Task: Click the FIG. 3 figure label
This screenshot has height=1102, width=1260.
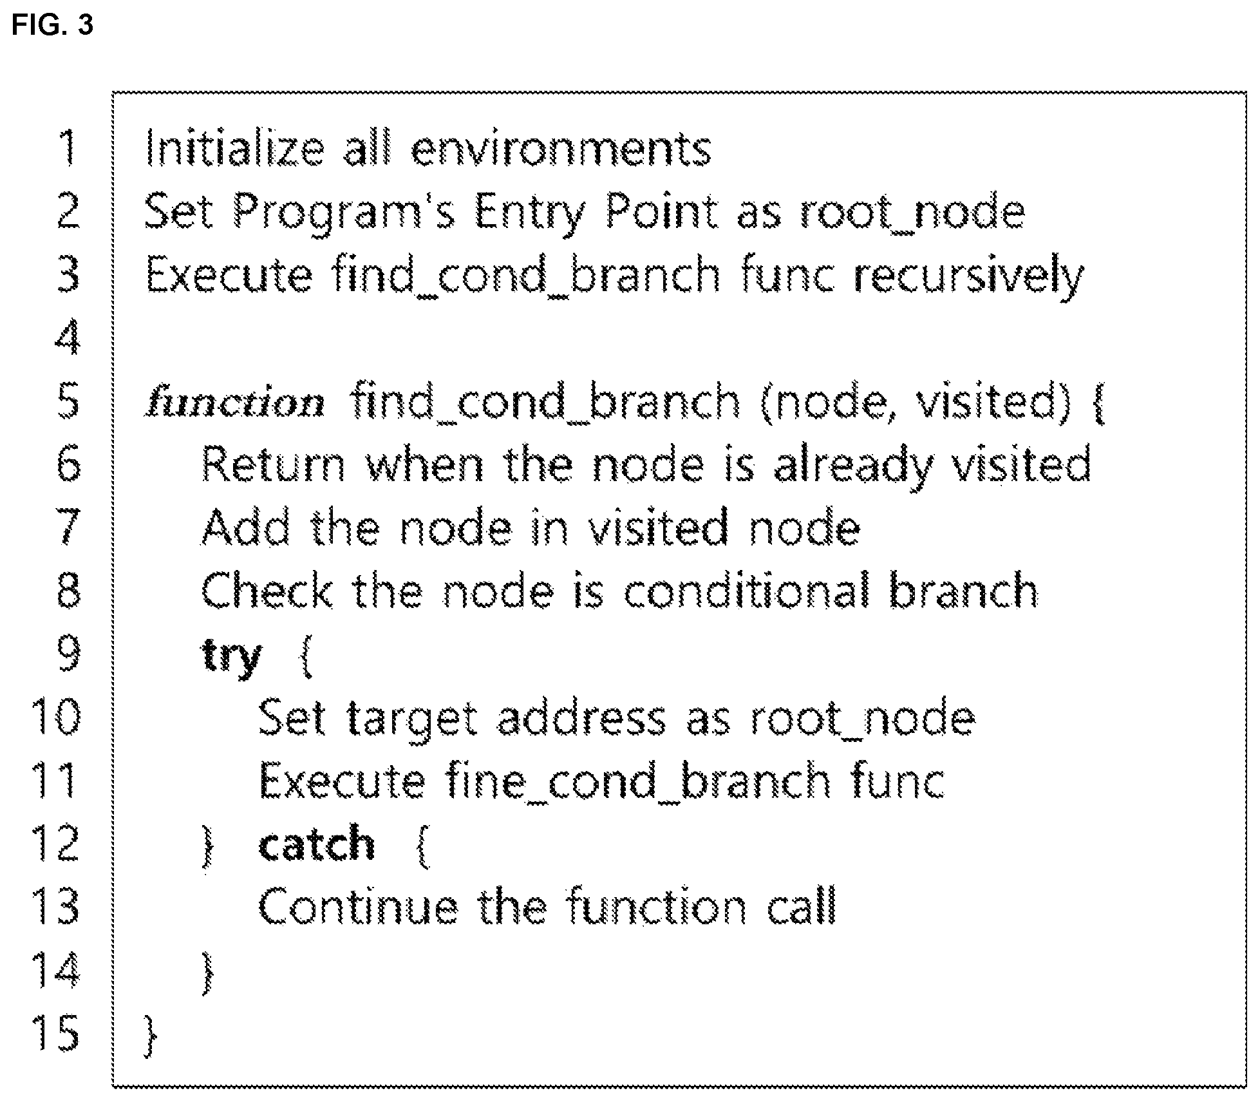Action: click(53, 26)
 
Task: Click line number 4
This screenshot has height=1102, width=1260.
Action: click(68, 337)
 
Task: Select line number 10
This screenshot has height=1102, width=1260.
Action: click(56, 716)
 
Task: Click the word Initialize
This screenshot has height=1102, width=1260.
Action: click(234, 149)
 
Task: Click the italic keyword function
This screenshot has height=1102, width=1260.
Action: click(236, 403)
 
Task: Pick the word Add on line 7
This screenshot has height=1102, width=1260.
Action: click(246, 527)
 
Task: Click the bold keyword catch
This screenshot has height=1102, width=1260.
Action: click(316, 843)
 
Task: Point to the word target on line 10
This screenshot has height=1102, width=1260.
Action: click(412, 719)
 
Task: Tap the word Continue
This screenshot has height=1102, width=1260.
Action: click(359, 906)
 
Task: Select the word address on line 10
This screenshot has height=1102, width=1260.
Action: click(581, 717)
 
